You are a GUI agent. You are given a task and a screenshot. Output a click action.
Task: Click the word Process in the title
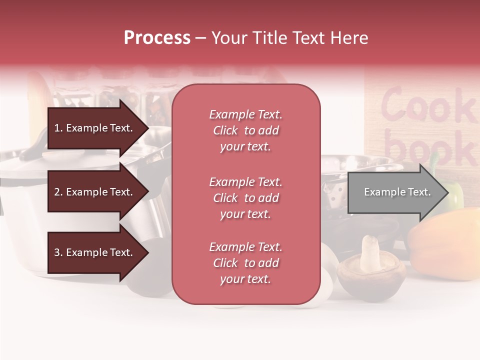[157, 38]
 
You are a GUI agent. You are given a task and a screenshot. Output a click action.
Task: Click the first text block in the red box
[245, 130]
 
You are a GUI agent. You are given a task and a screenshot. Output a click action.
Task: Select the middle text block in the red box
[245, 198]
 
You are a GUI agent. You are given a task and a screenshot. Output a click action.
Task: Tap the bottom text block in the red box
[245, 263]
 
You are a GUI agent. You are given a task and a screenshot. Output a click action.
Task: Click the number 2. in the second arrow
[58, 192]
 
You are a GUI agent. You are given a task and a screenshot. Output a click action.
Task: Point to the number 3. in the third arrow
[58, 252]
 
